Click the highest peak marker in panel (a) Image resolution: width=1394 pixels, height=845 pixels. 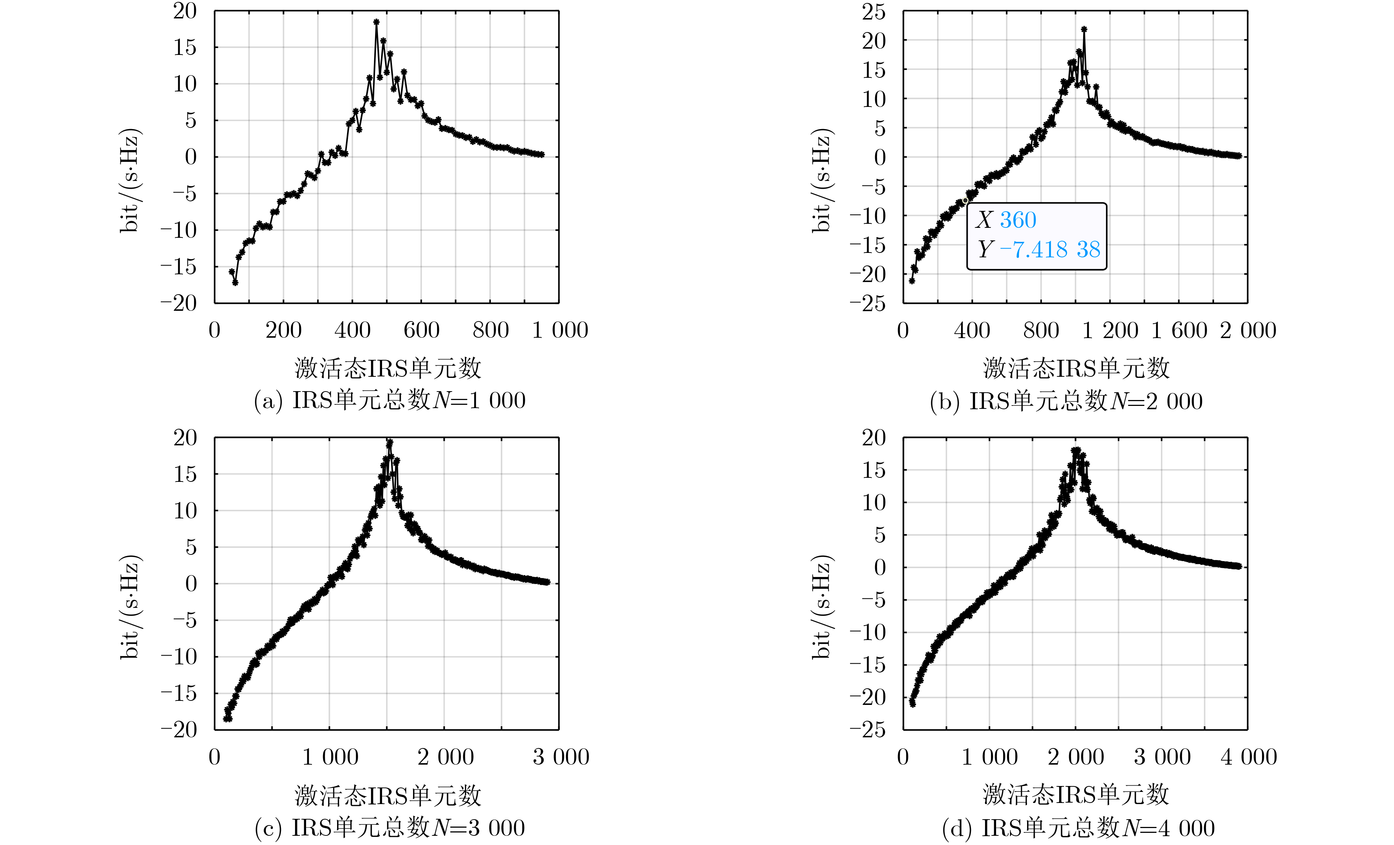pos(376,22)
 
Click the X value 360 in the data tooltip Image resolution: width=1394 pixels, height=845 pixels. pos(1018,220)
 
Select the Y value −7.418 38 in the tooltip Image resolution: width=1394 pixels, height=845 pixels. pos(1050,250)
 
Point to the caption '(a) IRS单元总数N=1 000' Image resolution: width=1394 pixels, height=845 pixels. pos(390,400)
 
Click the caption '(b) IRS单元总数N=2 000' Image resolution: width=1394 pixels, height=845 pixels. pos(1066,401)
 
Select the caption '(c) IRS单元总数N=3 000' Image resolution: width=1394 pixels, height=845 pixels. pos(390,828)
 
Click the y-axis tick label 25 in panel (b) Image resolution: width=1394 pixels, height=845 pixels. pos(874,12)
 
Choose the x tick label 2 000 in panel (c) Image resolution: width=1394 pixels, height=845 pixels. pos(445,757)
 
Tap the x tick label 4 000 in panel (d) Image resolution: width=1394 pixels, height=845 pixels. pos(1249,757)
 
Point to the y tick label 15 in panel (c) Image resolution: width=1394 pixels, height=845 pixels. pos(185,474)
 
